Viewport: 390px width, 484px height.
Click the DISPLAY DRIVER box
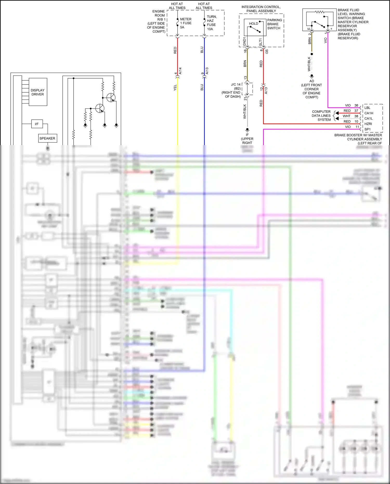point(38,92)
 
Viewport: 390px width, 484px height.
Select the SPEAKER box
point(47,138)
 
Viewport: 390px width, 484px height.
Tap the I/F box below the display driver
point(37,124)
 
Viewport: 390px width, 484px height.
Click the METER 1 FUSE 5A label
point(186,23)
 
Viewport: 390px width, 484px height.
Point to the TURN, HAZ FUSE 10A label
point(211,23)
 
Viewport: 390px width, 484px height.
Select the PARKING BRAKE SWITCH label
point(274,24)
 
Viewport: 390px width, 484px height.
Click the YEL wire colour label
point(175,88)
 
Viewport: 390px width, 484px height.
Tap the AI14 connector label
point(180,71)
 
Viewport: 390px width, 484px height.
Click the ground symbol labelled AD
point(312,76)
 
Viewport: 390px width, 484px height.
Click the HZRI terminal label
point(368,124)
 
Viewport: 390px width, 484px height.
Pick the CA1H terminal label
point(369,113)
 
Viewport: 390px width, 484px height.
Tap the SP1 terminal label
point(367,129)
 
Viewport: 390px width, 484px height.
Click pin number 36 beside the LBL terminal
point(356,105)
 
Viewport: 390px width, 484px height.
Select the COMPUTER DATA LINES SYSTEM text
point(321,115)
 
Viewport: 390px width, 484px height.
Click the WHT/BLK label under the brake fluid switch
point(309,64)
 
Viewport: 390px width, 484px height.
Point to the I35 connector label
point(267,51)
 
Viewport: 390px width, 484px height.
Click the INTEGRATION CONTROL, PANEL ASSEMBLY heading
point(261,9)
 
